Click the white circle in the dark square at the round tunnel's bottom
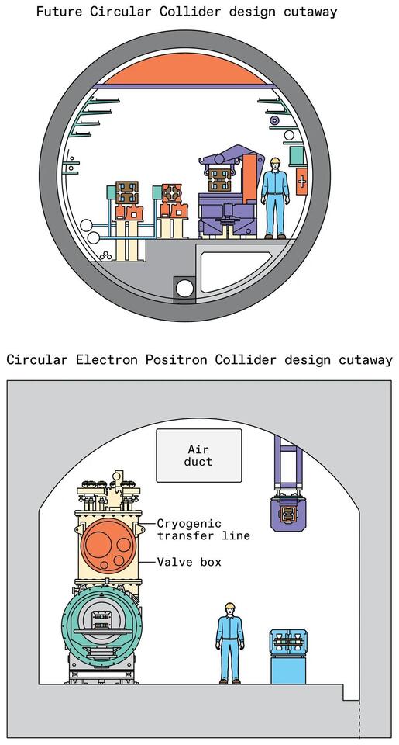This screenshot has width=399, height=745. tap(184, 289)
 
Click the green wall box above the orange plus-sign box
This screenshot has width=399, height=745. tap(295, 156)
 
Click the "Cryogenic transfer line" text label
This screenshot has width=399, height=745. tap(203, 529)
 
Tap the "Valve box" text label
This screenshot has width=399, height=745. tap(189, 561)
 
